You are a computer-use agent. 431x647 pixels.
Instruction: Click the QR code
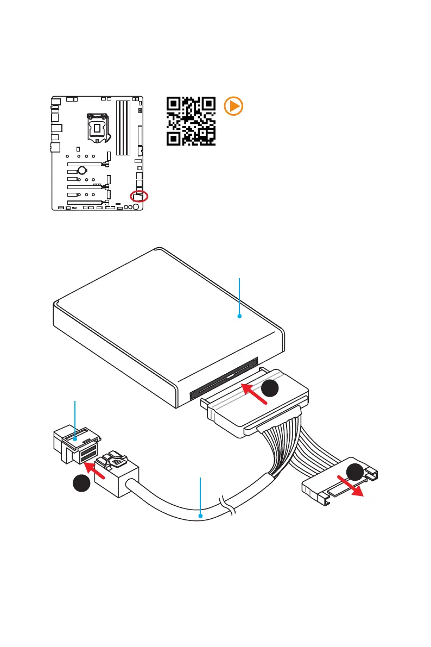(x=191, y=121)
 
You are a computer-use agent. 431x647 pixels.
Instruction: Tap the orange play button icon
(x=233, y=106)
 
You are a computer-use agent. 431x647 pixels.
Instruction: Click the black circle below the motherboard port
(x=81, y=483)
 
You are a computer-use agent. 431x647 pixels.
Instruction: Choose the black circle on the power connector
(x=357, y=473)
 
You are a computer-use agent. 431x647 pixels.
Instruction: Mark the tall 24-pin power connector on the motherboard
(x=140, y=136)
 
